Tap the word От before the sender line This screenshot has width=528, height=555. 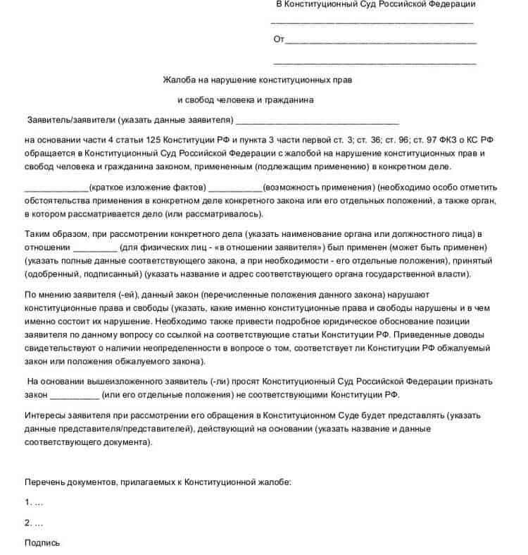coord(279,39)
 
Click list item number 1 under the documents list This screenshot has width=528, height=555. coord(34,503)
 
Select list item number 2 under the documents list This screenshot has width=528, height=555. coord(34,523)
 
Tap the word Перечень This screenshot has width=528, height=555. coord(46,482)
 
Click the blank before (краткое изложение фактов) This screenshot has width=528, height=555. coord(56,189)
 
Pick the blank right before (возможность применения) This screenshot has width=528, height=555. coord(236,189)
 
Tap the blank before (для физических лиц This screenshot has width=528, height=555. coord(96,249)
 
